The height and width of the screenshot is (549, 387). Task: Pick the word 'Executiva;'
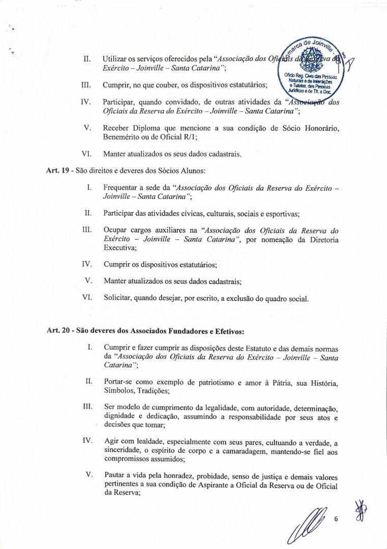tap(120, 248)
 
